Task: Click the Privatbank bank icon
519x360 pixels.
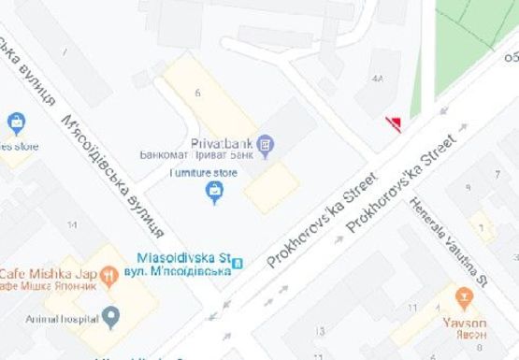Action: pyautogui.click(x=266, y=143)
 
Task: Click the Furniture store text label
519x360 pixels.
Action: pyautogui.click(x=203, y=173)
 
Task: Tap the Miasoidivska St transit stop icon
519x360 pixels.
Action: pyautogui.click(x=238, y=262)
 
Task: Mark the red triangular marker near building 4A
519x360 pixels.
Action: pyautogui.click(x=395, y=124)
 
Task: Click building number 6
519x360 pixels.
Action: pyautogui.click(x=198, y=93)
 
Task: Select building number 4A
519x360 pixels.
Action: pyautogui.click(x=378, y=79)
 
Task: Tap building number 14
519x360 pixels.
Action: pyautogui.click(x=72, y=225)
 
